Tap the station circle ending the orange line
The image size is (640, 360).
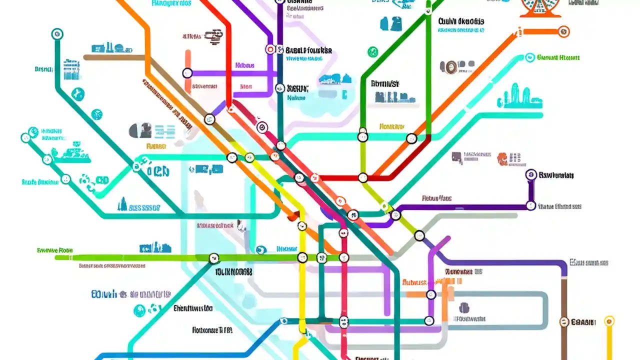coord(563,31)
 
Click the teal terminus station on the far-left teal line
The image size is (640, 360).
coord(57,34)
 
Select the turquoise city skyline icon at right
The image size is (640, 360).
coord(519,97)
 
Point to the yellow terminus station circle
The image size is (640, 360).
coord(608,321)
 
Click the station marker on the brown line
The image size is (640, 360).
coord(564,322)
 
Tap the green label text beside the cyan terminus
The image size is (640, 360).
coord(558,57)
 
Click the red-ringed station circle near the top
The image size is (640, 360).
coord(270,49)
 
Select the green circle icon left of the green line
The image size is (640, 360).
coord(372,51)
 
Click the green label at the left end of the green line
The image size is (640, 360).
coord(55,249)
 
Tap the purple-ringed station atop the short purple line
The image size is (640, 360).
coord(531,175)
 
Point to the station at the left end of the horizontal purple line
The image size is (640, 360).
coord(187,73)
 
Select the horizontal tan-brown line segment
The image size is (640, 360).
coord(115,57)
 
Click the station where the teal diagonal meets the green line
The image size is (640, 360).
coord(213,258)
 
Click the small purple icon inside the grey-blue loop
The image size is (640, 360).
coord(463,307)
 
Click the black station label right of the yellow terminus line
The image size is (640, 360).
coord(583,322)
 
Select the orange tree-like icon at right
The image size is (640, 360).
coord(502,159)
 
